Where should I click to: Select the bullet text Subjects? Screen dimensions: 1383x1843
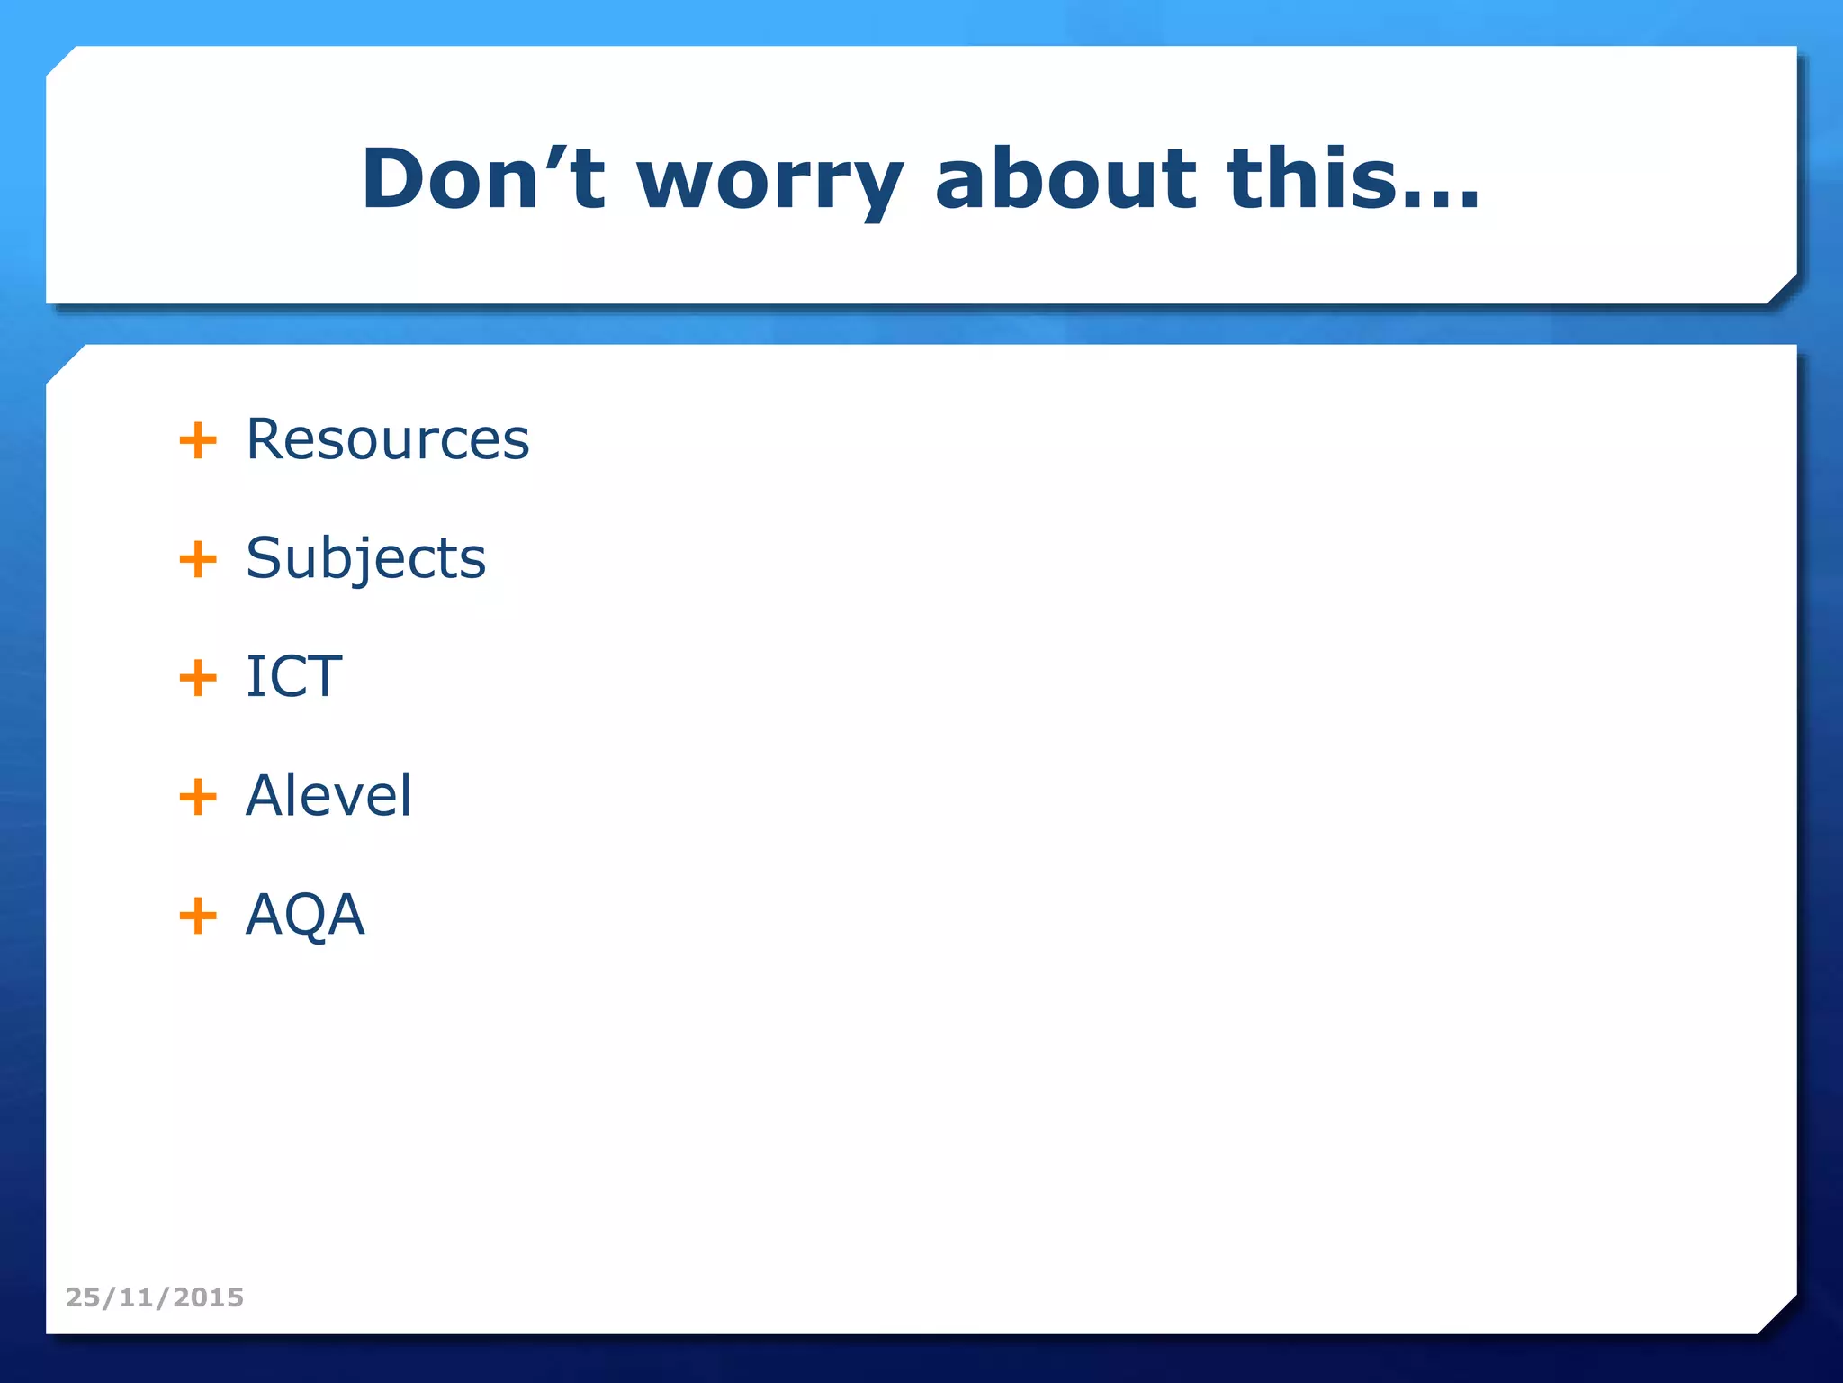(x=365, y=558)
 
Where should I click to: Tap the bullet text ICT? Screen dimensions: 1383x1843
(x=293, y=676)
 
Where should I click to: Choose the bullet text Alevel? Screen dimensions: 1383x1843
(x=328, y=795)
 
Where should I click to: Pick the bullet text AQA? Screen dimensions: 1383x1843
(x=305, y=915)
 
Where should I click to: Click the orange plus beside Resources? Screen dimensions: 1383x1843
(x=198, y=441)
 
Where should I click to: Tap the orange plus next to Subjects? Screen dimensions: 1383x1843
(x=198, y=559)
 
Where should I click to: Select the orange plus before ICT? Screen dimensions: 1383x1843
(x=198, y=678)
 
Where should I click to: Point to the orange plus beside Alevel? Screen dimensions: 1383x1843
(x=198, y=797)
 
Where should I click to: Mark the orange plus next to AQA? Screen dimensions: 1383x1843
(x=198, y=916)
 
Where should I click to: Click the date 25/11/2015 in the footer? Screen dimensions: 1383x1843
(x=155, y=1297)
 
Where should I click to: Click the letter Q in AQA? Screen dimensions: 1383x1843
(x=305, y=915)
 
